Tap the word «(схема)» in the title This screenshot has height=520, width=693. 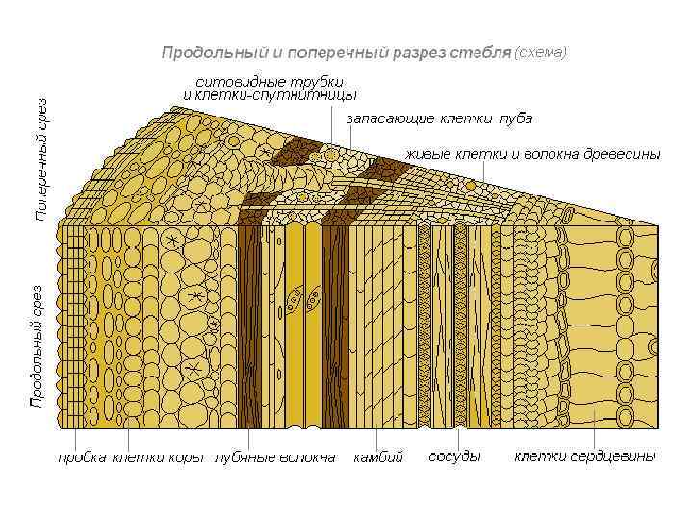(x=543, y=50)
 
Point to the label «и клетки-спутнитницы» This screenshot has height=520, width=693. (x=270, y=95)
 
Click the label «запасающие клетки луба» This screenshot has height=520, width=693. (x=439, y=118)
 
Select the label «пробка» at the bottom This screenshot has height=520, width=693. (x=82, y=456)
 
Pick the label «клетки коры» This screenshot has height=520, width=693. (x=159, y=456)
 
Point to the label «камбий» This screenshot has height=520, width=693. (x=378, y=456)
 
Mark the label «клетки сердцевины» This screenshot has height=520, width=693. (x=585, y=455)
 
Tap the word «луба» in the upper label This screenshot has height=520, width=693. (x=516, y=118)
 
